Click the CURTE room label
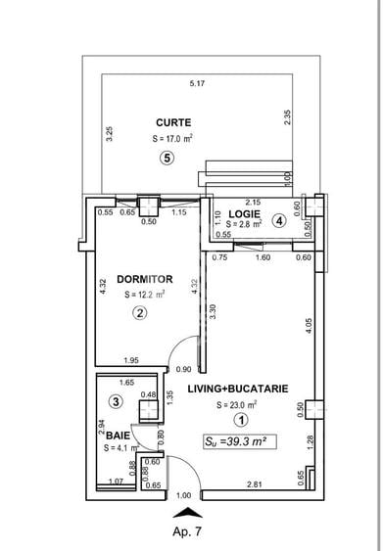click(172, 122)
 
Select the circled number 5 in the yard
click(168, 160)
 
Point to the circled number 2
click(140, 313)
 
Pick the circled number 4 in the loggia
click(280, 221)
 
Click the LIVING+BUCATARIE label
click(238, 388)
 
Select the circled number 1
click(241, 421)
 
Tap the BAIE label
click(118, 435)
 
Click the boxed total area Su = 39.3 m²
click(237, 441)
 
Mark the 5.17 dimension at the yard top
click(197, 84)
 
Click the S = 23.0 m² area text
click(237, 404)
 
